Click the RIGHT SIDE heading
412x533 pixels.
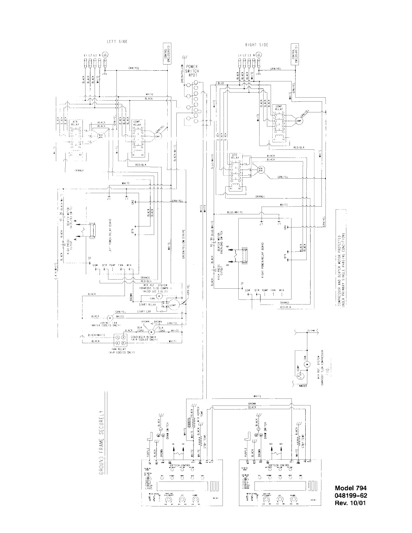click(256, 45)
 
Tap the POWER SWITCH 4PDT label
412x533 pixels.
click(193, 71)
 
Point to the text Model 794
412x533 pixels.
click(350, 488)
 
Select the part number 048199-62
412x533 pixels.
click(350, 496)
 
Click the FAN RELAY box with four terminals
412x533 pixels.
click(121, 340)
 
